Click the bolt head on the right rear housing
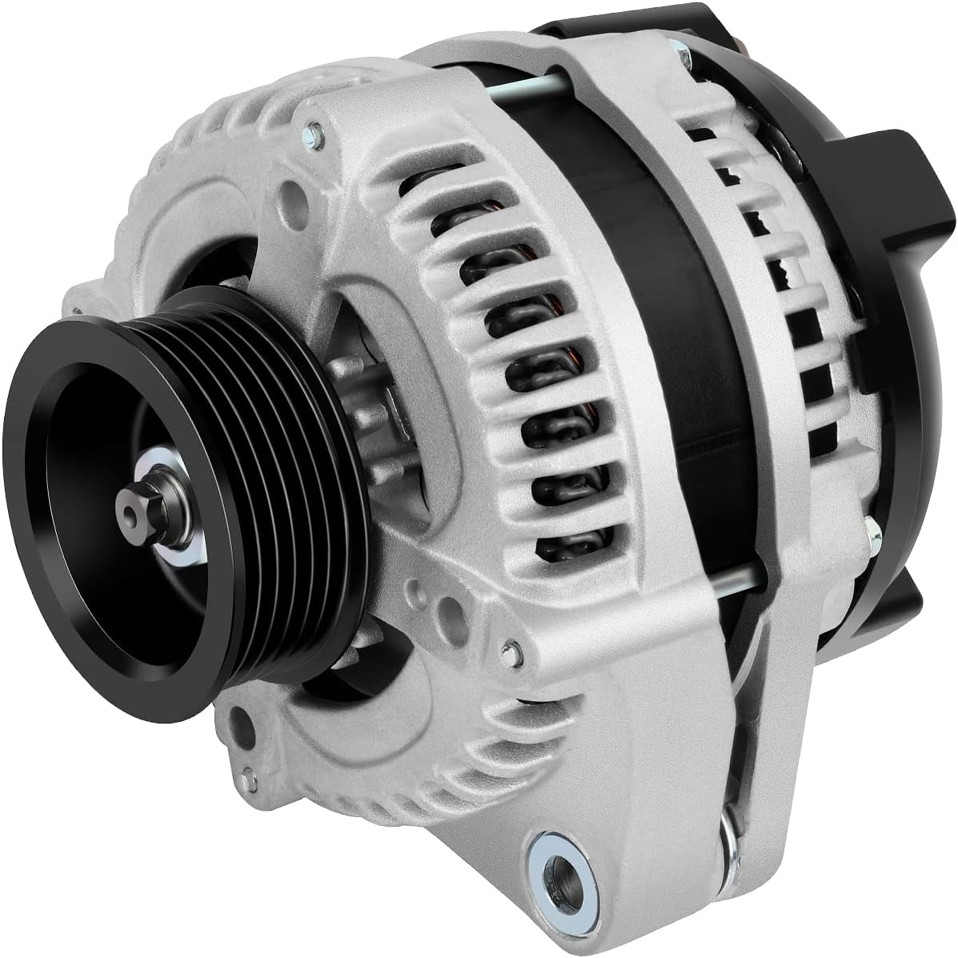tap(869, 526)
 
